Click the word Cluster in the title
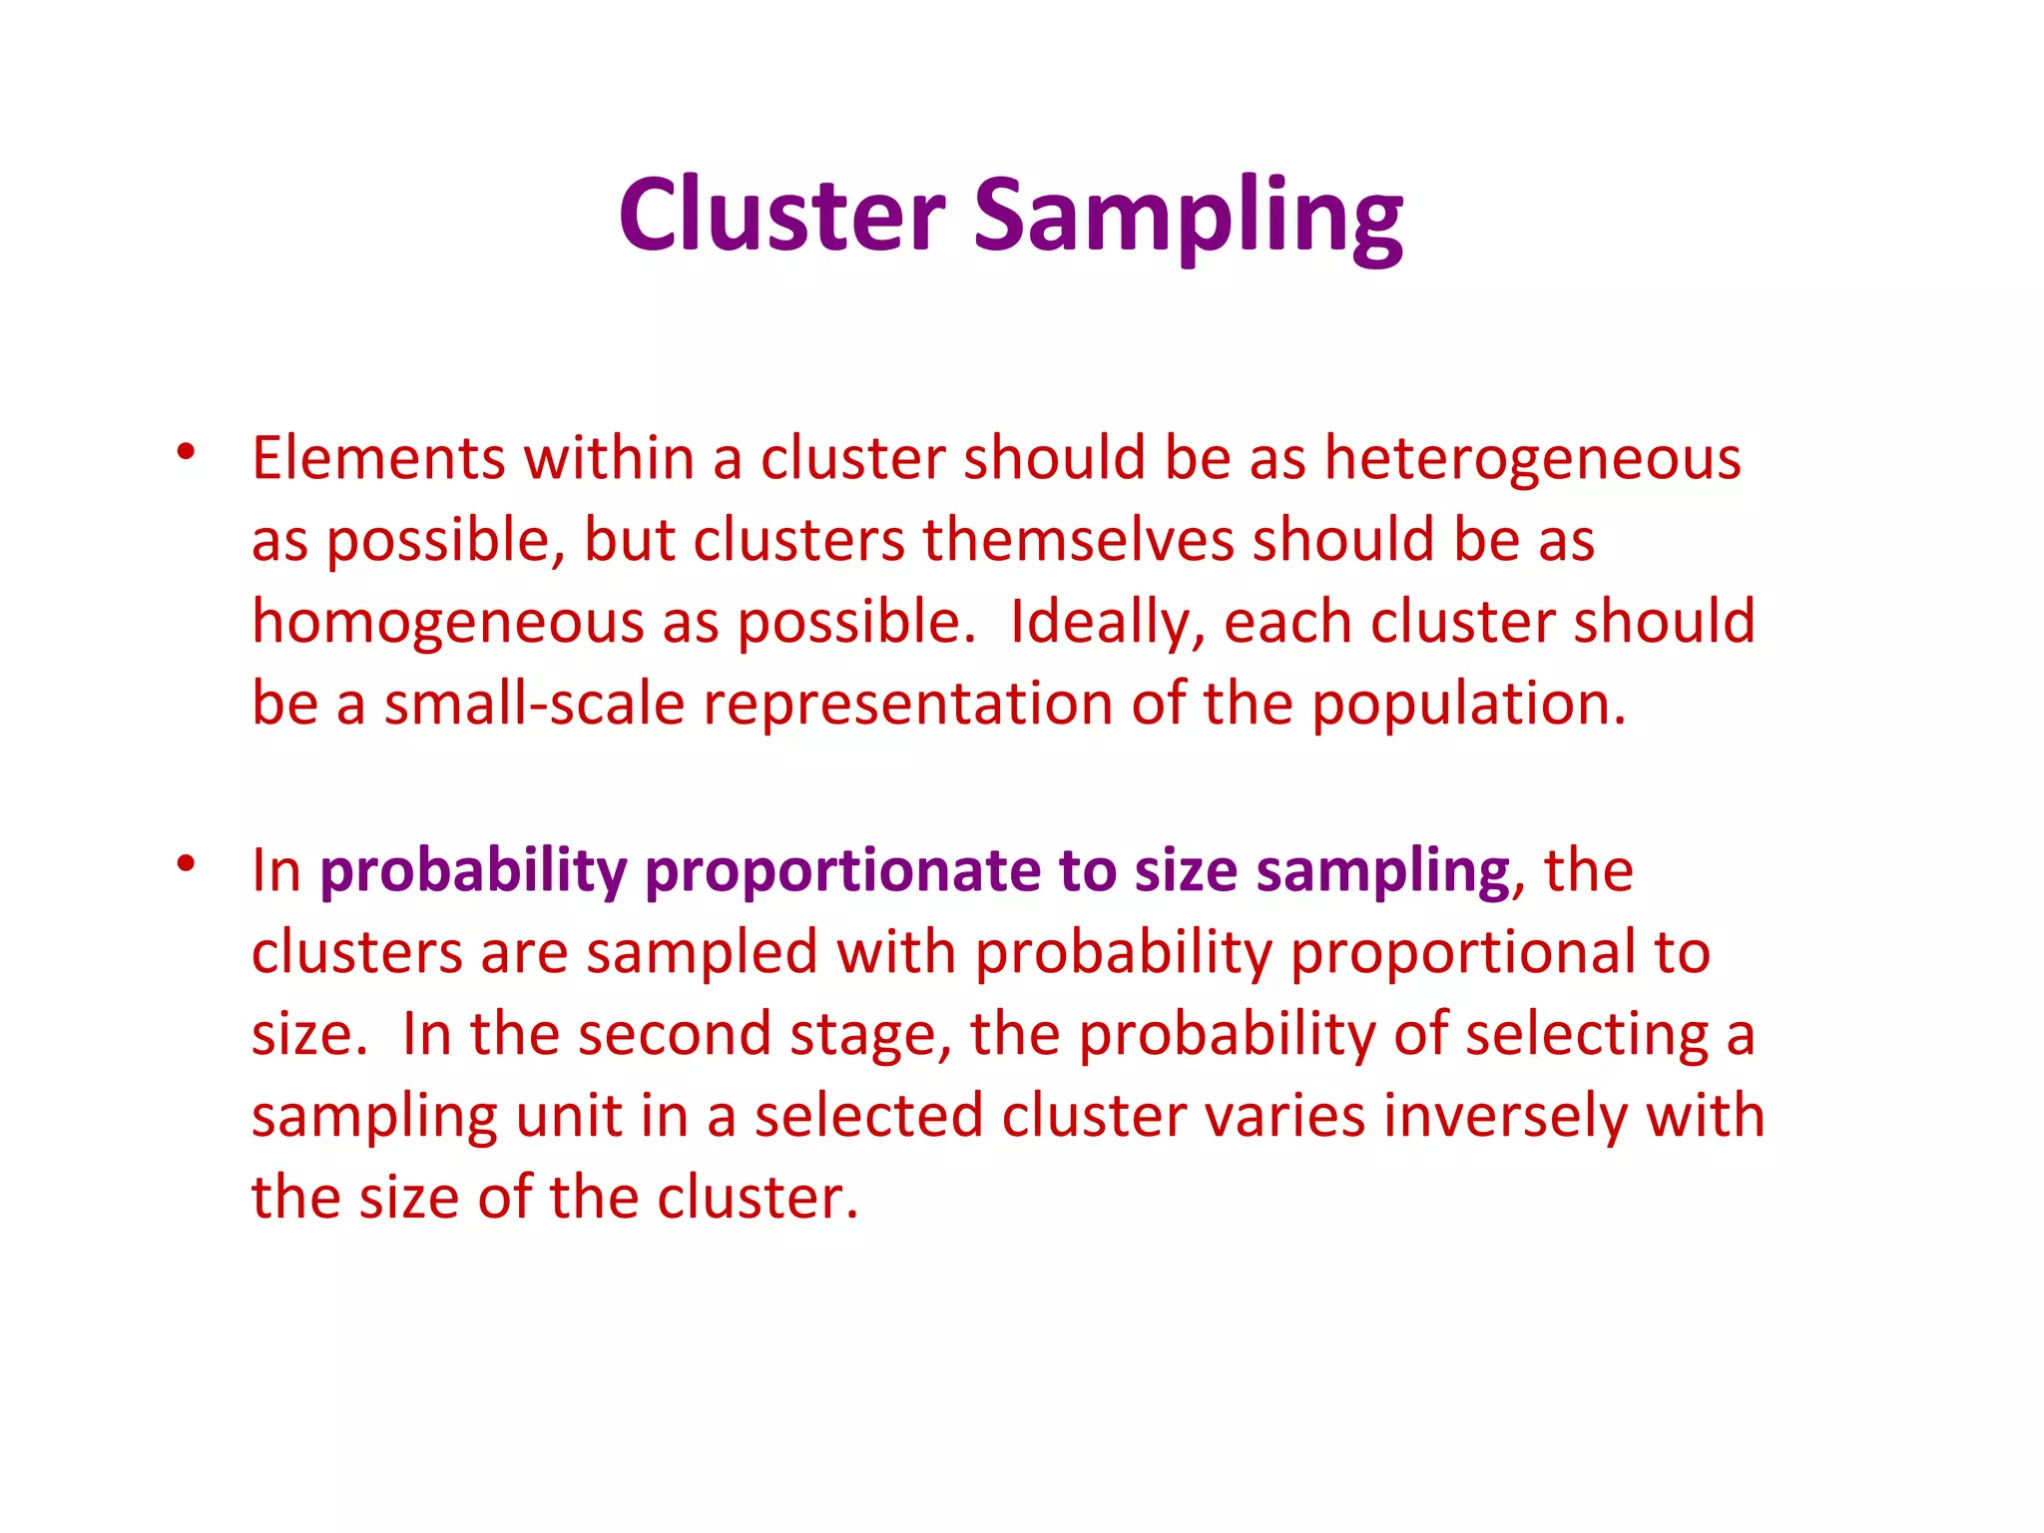click(781, 215)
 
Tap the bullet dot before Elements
click(186, 452)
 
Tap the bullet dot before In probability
click(186, 863)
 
